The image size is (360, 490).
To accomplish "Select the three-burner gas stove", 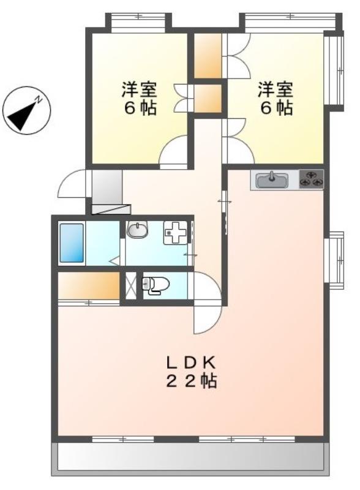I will [x=311, y=179].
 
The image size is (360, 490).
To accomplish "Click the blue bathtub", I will [x=71, y=243].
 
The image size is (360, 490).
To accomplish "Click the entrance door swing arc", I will [x=72, y=183].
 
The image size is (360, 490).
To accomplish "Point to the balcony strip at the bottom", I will [x=190, y=456].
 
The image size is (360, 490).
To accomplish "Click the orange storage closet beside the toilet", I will [x=89, y=285].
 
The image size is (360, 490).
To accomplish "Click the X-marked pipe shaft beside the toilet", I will [x=130, y=285].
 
